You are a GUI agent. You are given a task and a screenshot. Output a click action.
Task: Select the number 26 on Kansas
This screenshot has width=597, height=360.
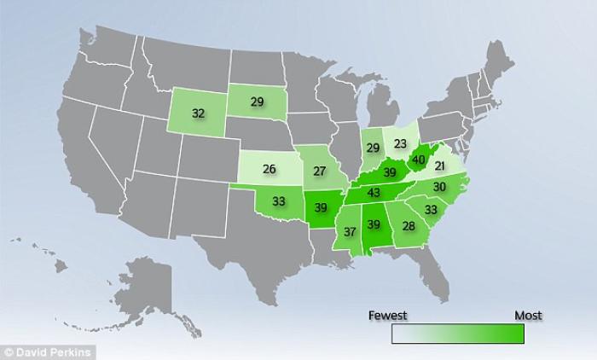tap(269, 169)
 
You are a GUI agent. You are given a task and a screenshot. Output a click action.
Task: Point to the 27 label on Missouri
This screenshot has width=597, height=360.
tap(319, 171)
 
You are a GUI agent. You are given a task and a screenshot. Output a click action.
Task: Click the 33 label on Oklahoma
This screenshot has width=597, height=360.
tap(279, 202)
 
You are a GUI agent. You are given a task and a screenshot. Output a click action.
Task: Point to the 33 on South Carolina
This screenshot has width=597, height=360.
tap(432, 208)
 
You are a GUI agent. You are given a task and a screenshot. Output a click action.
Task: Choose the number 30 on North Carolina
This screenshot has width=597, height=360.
tap(440, 187)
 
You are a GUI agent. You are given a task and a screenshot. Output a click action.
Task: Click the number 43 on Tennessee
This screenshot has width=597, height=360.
tap(373, 194)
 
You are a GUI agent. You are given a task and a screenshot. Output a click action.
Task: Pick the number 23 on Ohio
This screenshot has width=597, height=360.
tap(401, 144)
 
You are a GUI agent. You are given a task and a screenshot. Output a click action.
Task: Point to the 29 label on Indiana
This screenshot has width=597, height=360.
tap(373, 148)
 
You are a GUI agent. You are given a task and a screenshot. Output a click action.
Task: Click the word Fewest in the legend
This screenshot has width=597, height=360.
tap(387, 316)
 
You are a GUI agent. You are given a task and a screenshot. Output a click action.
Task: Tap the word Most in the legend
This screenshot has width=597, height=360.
tap(528, 316)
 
